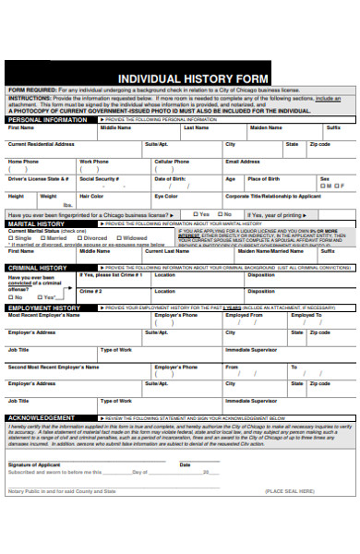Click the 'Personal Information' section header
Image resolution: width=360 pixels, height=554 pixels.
tap(47, 120)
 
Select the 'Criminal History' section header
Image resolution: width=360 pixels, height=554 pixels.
tap(37, 267)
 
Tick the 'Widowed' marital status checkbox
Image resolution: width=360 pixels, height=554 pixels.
tap(119, 237)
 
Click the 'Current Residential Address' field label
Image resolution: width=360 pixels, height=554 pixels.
tap(42, 144)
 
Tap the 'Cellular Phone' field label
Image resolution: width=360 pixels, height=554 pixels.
tap(171, 162)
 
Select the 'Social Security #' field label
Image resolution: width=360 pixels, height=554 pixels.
tap(98, 178)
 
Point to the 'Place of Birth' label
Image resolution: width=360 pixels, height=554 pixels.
tap(263, 178)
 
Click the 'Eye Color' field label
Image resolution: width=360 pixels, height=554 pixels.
tap(166, 196)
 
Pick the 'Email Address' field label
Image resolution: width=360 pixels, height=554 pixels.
tap(243, 162)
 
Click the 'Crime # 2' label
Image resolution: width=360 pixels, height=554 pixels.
tap(90, 290)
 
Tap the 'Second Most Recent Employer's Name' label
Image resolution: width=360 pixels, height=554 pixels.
tap(52, 367)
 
